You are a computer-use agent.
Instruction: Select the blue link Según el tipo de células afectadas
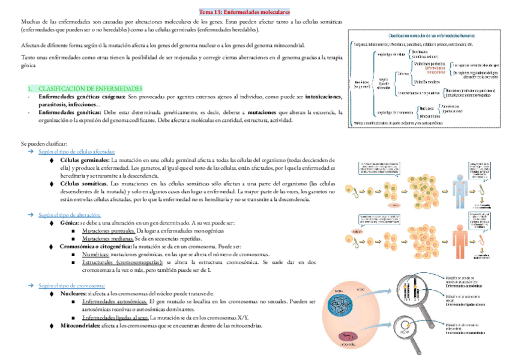click(76, 152)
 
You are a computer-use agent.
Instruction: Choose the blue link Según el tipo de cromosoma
click(71, 286)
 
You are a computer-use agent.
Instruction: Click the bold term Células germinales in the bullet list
click(85, 161)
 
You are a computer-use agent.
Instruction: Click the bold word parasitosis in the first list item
click(55, 104)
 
